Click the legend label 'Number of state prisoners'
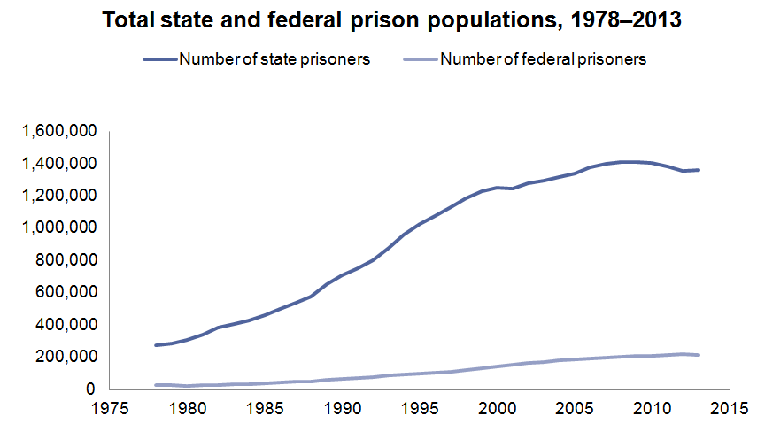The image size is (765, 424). (274, 60)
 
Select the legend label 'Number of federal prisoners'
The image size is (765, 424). (543, 60)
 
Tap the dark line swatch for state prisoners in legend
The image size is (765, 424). (160, 60)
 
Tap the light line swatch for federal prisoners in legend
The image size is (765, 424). (421, 60)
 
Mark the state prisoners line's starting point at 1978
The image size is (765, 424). (155, 345)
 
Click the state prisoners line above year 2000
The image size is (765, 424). (498, 188)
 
